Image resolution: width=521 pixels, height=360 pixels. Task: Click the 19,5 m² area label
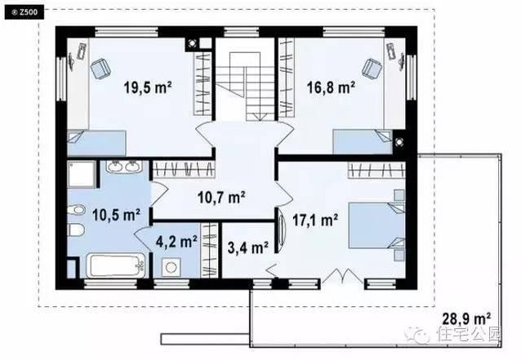(x=148, y=87)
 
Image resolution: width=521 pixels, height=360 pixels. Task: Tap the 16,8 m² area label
(x=331, y=87)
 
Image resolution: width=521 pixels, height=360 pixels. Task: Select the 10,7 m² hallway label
(x=221, y=198)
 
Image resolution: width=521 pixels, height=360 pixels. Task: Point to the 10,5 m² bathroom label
(x=116, y=215)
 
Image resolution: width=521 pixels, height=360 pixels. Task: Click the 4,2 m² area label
(x=176, y=242)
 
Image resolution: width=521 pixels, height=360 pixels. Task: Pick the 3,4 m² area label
(x=248, y=247)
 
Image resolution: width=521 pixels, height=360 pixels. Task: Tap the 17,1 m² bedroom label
(x=315, y=220)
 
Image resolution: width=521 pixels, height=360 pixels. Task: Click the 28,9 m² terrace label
(x=466, y=319)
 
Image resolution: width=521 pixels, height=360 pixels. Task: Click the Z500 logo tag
(x=24, y=12)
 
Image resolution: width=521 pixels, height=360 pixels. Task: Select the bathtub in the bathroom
(x=117, y=265)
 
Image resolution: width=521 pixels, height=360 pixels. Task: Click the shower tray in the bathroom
(x=82, y=174)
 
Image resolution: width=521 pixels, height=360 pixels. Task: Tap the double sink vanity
(x=124, y=166)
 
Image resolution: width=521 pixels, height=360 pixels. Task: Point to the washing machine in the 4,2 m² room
(x=171, y=267)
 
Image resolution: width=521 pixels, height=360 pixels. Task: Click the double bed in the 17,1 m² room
(x=376, y=225)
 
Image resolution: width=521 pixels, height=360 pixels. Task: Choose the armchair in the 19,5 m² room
(x=100, y=69)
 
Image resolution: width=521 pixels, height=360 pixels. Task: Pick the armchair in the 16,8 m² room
(x=372, y=69)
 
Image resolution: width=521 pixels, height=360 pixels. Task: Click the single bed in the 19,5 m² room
(x=96, y=143)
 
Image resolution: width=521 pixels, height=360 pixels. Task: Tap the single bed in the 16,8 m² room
(x=363, y=141)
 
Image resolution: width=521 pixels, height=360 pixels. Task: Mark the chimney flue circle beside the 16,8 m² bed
(x=399, y=142)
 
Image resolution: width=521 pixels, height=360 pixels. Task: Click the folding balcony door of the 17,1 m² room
(x=342, y=276)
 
